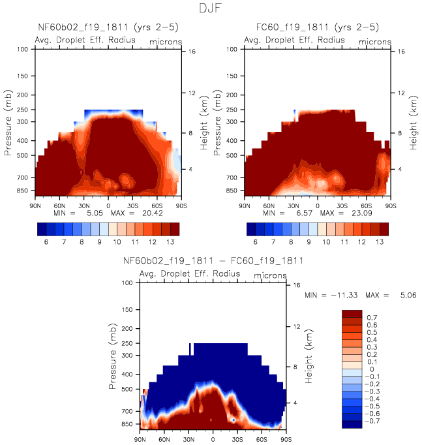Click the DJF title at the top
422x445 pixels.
(x=211, y=10)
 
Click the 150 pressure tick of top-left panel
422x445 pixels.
(x=22, y=76)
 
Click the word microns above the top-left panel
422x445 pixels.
(x=165, y=42)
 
